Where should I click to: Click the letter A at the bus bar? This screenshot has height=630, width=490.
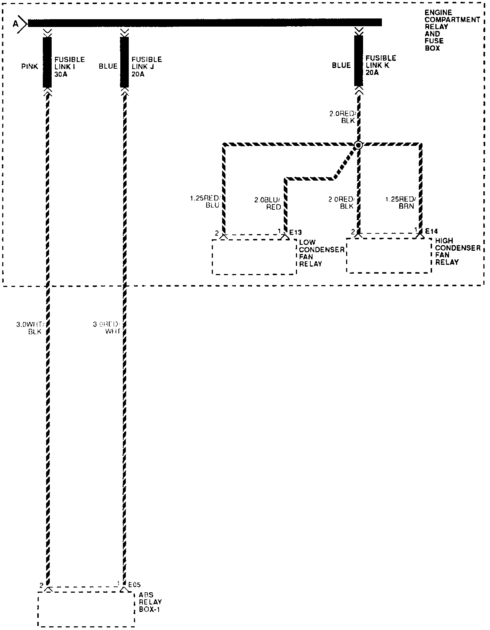tap(15, 24)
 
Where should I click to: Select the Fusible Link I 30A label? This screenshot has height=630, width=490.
tap(69, 66)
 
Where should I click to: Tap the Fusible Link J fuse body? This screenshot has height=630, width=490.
tap(125, 62)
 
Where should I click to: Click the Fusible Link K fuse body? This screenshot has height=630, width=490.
tap(359, 61)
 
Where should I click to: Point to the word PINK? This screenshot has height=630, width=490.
tap(30, 67)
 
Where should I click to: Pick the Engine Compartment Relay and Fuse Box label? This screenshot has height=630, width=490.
tap(452, 30)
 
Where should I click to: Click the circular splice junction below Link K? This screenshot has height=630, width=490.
tap(358, 145)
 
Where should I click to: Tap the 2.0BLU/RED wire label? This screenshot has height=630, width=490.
tap(268, 203)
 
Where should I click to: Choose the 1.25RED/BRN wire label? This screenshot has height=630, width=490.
tap(400, 203)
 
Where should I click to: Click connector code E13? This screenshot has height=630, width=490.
tap(295, 232)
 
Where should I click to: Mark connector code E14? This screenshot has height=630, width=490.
tap(431, 231)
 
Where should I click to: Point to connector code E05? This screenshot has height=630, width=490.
tap(134, 585)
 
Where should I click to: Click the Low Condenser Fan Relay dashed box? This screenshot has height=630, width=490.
tap(254, 257)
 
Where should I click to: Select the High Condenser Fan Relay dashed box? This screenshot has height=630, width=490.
tap(389, 256)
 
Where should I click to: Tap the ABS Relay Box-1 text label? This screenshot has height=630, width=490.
tap(150, 602)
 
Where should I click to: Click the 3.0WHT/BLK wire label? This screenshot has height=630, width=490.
tap(31, 328)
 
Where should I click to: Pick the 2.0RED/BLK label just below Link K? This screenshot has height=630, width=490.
tap(342, 117)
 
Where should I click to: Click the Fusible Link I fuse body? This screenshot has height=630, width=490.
tap(47, 62)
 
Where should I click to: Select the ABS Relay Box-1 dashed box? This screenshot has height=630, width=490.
tap(86, 609)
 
